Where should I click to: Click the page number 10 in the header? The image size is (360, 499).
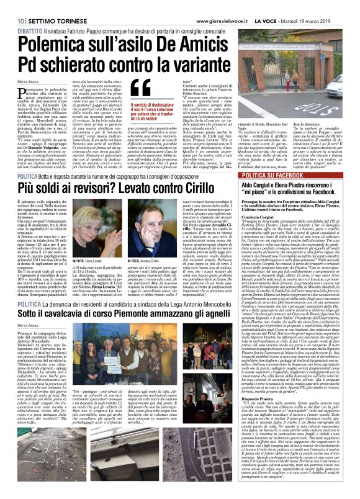pos(12,6)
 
